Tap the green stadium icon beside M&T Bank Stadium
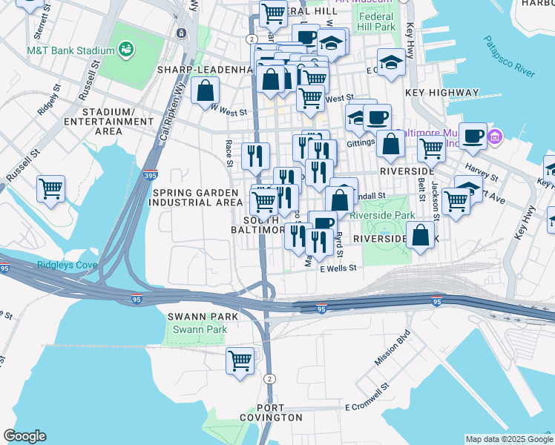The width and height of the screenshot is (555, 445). (127, 50)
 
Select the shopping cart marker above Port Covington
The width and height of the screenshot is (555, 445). (240, 362)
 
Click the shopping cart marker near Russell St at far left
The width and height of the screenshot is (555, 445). (50, 189)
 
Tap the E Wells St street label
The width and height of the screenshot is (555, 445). (338, 268)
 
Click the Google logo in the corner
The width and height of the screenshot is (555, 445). (24, 436)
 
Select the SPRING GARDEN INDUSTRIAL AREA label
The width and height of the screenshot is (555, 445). (197, 197)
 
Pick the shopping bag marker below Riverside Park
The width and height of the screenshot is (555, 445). (421, 235)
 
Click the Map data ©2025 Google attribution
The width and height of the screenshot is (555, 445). (508, 439)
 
